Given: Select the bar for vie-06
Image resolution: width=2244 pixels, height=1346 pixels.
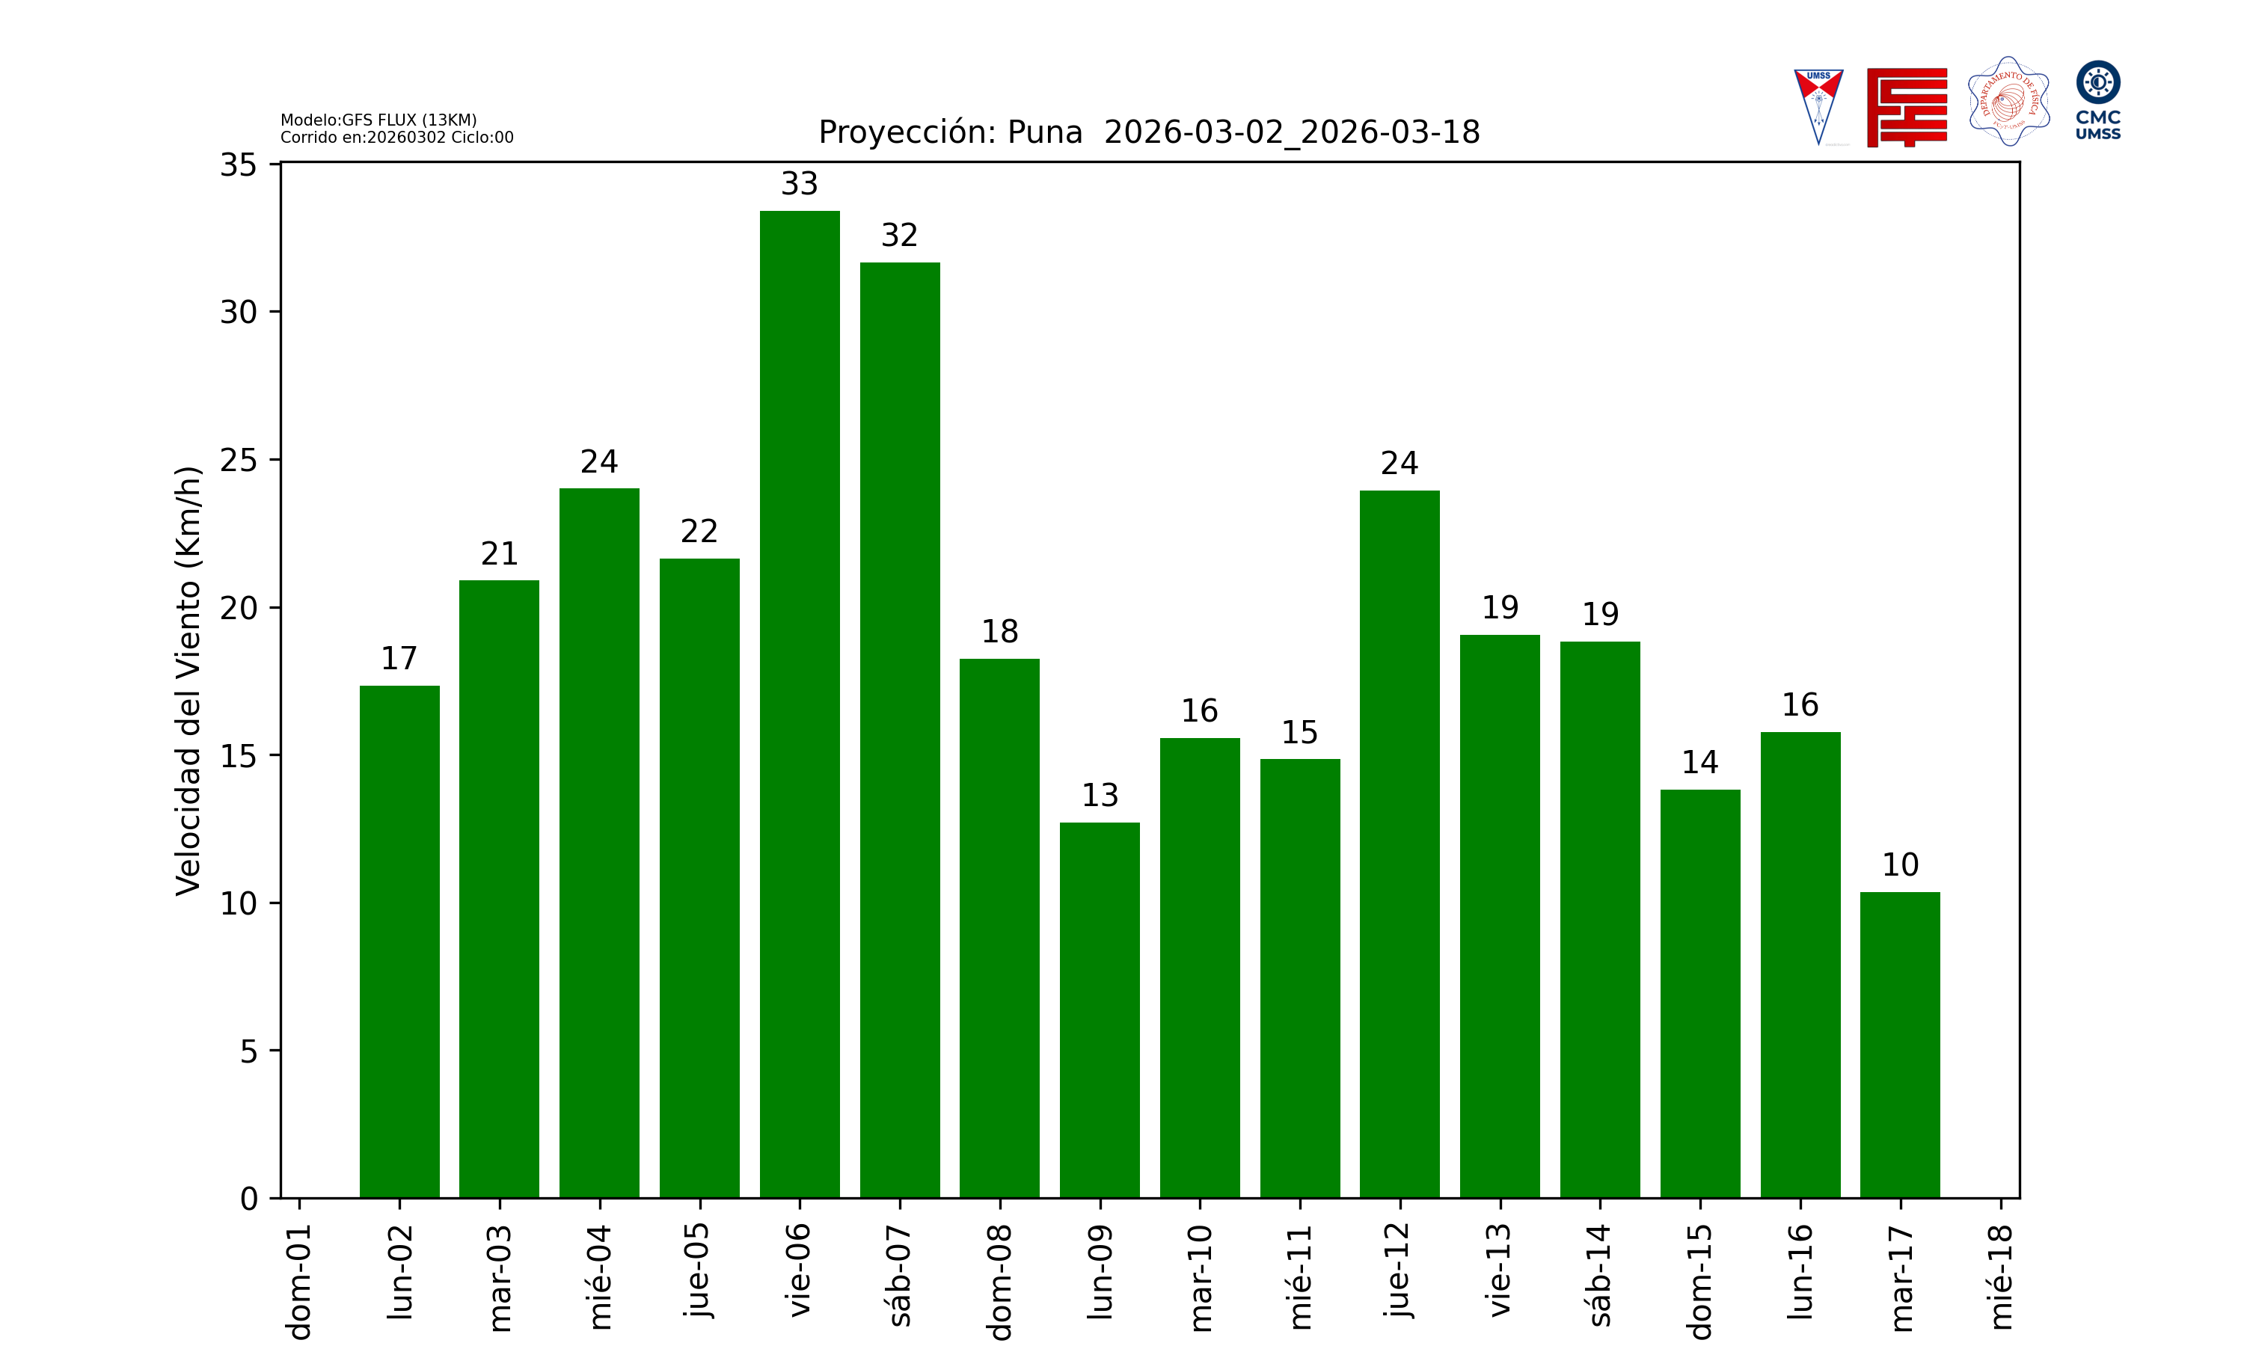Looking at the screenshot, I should click(x=799, y=704).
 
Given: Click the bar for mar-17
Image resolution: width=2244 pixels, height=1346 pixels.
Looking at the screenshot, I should click(x=1899, y=1045).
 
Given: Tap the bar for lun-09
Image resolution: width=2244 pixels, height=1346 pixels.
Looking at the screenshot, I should click(x=1100, y=1009).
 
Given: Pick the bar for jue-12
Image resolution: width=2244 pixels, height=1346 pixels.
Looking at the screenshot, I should click(x=1400, y=843).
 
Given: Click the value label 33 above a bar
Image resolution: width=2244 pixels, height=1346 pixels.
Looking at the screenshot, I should click(x=799, y=184).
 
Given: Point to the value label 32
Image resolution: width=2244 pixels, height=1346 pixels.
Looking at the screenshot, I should click(x=899, y=236).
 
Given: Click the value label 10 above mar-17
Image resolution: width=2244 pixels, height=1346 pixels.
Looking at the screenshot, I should click(x=1899, y=865).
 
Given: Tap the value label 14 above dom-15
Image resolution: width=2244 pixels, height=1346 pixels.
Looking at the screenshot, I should click(x=1699, y=763).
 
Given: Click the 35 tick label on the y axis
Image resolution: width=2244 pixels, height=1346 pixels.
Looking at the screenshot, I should click(x=239, y=165).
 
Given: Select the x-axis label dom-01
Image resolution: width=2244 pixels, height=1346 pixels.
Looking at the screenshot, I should click(x=299, y=1281).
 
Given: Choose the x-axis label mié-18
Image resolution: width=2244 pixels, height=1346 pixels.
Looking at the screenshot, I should click(x=2000, y=1277).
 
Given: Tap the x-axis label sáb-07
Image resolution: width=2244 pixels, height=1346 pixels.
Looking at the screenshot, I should click(x=900, y=1274).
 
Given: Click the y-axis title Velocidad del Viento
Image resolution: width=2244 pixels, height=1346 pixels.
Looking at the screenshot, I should click(x=188, y=680).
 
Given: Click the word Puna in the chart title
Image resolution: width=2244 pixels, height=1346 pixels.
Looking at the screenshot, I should click(x=1044, y=132).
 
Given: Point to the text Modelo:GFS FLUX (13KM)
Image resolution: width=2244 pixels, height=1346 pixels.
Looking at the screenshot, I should click(x=378, y=120).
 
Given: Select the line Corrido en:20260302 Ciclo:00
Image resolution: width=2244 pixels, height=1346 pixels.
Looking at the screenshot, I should click(x=396, y=138).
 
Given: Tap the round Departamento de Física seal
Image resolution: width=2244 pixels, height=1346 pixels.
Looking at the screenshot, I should click(x=2008, y=102).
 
